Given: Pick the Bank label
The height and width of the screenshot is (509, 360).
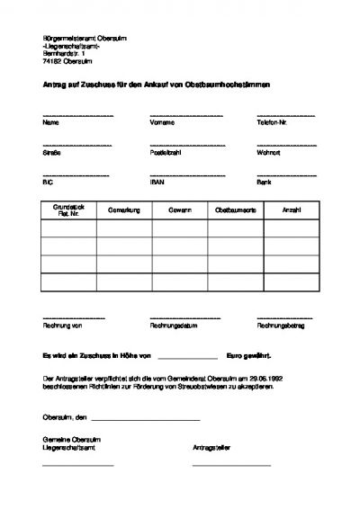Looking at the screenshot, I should click(265, 181).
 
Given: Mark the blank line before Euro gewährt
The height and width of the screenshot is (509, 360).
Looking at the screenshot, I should click(187, 358).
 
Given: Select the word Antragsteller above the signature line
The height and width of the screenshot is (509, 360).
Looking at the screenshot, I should click(212, 446).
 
